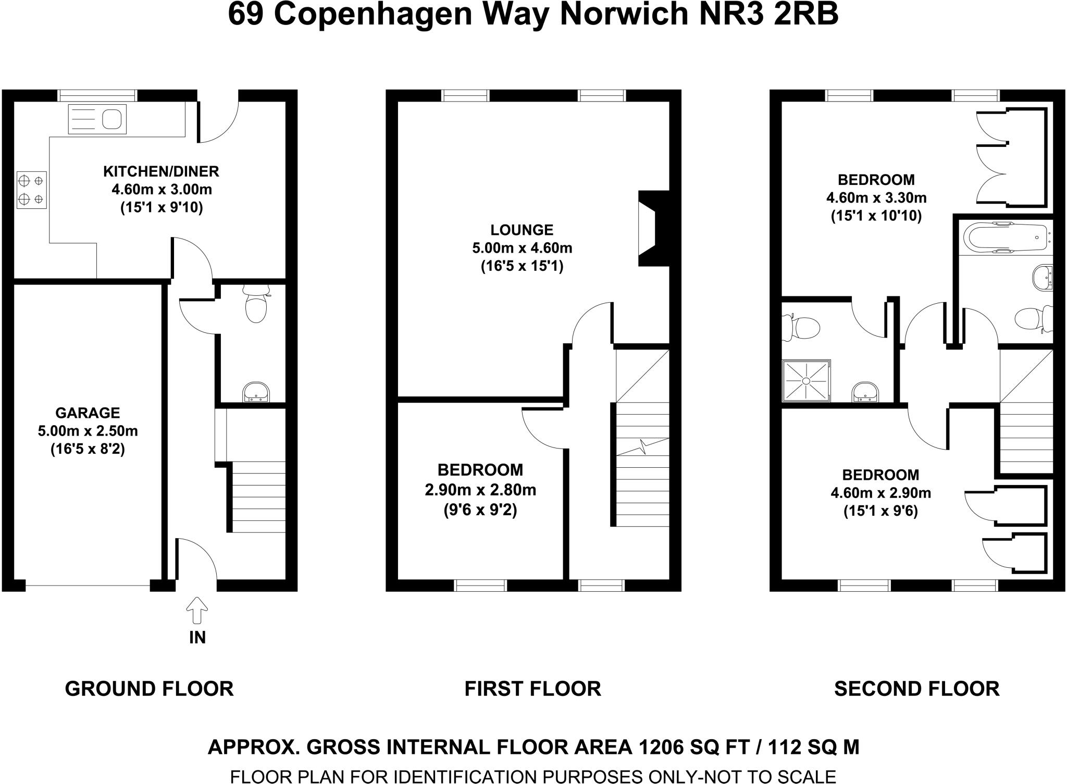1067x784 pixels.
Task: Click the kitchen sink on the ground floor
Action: pos(97,119)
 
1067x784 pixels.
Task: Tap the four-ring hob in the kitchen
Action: pos(32,190)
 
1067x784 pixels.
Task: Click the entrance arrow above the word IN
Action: pos(197,610)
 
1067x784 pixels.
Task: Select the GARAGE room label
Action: pos(88,413)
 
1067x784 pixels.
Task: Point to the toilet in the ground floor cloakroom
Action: pos(255,306)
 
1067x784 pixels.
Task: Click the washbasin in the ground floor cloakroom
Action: pos(256,392)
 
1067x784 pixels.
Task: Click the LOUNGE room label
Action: pos(522,230)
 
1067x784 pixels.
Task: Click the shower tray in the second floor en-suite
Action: pos(806,381)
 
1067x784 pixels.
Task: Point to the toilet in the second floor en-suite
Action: pos(802,327)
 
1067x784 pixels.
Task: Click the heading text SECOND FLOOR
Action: pos(916,689)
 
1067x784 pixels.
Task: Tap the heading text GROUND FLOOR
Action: pos(149,689)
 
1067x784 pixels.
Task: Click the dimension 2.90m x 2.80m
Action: pos(480,490)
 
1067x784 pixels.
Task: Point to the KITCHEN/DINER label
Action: pos(161,171)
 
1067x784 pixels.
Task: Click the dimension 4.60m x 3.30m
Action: pos(876,198)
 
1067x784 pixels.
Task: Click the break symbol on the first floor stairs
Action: pos(643,446)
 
